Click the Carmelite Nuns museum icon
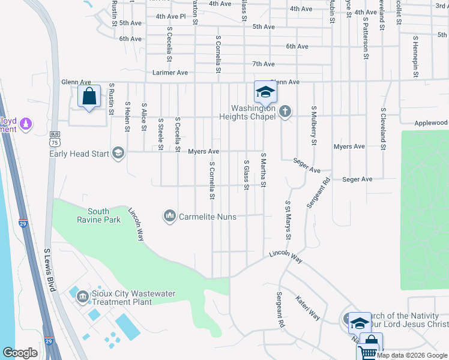click(170, 215)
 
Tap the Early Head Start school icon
click(118, 153)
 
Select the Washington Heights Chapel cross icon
click(285, 111)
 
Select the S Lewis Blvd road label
click(50, 270)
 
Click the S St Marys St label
click(288, 220)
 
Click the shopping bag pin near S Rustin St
click(89, 97)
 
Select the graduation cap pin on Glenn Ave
click(265, 92)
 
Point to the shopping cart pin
click(370, 346)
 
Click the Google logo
click(20, 353)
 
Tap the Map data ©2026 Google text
click(412, 355)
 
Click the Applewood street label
click(431, 123)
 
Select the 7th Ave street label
click(264, 64)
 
